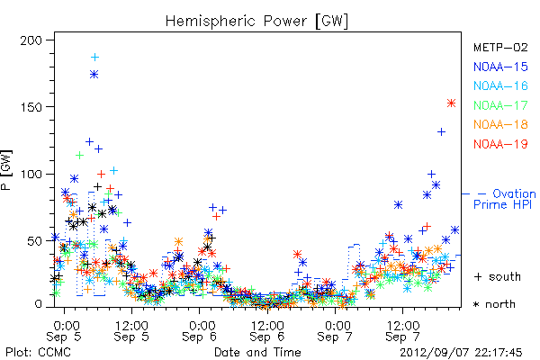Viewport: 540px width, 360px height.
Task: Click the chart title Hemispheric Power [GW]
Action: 256,22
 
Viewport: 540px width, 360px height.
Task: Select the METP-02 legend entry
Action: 500,47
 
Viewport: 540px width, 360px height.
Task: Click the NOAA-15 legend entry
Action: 500,67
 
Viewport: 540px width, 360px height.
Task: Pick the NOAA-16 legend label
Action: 500,85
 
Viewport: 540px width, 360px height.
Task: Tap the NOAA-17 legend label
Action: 500,105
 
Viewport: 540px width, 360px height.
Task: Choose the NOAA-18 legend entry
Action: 500,124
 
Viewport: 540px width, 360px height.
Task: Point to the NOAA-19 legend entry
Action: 500,144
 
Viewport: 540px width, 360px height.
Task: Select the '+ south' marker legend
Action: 498,276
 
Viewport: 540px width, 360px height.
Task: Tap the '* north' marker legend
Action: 494,304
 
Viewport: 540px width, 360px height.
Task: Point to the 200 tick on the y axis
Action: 31,40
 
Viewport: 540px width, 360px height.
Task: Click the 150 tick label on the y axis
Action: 31,107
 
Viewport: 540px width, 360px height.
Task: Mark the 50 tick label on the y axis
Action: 35,241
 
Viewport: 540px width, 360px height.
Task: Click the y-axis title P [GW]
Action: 6,170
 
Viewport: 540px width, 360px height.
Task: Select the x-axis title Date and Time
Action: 257,352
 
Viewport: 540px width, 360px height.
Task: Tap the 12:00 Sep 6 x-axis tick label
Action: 267,331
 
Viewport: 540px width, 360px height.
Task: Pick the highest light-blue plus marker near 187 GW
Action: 94,58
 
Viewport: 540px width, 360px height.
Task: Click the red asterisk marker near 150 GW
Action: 451,103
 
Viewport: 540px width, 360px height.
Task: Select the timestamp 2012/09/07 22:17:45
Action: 461,353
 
